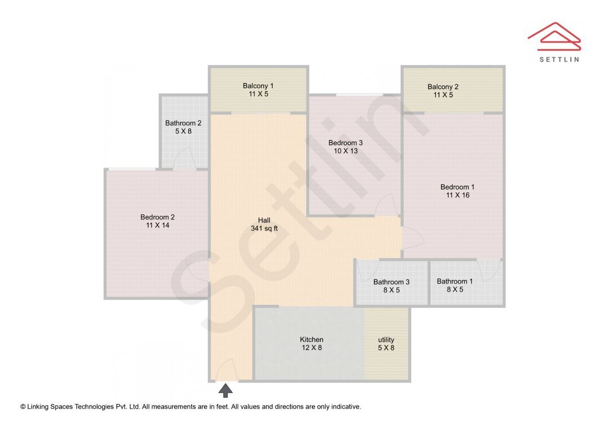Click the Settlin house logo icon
click(x=554, y=35)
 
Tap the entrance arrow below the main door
click(x=225, y=390)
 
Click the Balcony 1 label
click(x=258, y=86)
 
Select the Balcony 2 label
click(x=443, y=87)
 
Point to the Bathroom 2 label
click(x=183, y=123)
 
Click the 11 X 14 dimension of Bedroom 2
click(x=157, y=225)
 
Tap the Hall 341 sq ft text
click(x=264, y=225)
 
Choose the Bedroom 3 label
click(x=345, y=143)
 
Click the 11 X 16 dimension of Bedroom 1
click(x=457, y=195)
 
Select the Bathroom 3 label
click(x=391, y=282)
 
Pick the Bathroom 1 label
click(x=454, y=281)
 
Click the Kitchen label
click(x=311, y=340)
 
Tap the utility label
click(x=386, y=340)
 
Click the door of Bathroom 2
click(x=184, y=159)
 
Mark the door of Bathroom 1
click(x=488, y=269)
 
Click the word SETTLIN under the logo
click(x=559, y=59)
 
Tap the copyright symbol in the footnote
click(x=23, y=407)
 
